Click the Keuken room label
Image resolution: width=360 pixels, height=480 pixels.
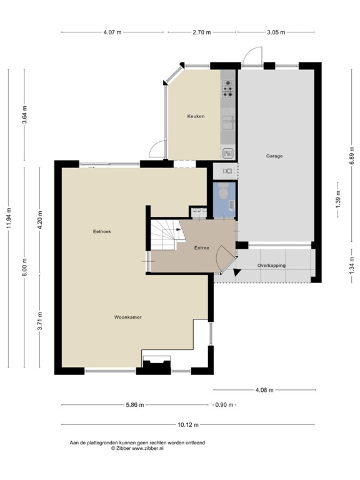click(196, 116)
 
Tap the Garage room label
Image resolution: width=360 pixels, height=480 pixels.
click(274, 156)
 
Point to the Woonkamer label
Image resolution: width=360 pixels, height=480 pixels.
click(127, 317)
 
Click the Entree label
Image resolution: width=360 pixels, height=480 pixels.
click(201, 247)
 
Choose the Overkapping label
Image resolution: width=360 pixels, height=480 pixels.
click(271, 266)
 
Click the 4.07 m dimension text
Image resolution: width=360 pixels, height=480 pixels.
click(112, 32)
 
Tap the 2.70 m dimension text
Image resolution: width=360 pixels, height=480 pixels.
click(201, 32)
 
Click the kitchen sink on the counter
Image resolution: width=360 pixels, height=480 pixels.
click(228, 122)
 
